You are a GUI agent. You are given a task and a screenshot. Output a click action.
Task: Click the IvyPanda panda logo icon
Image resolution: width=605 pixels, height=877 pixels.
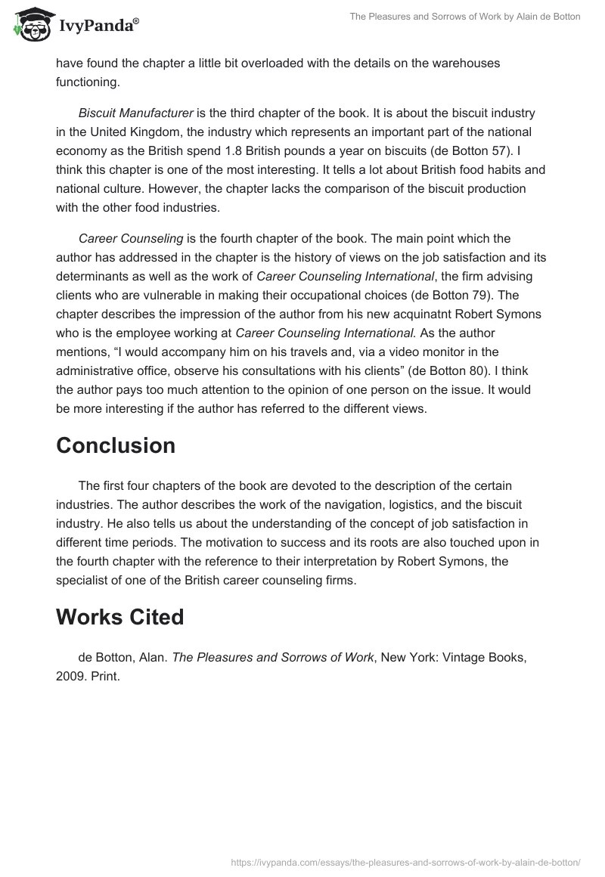point(29,26)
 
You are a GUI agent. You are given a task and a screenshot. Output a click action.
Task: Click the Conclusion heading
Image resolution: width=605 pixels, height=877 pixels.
point(116,446)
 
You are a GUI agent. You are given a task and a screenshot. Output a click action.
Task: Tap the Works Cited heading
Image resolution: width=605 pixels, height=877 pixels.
point(119,618)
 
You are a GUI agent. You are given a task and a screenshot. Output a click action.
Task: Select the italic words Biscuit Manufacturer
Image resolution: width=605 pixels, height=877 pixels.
point(136,113)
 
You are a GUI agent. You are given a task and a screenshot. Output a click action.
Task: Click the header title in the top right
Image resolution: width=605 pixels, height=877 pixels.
point(464,17)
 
